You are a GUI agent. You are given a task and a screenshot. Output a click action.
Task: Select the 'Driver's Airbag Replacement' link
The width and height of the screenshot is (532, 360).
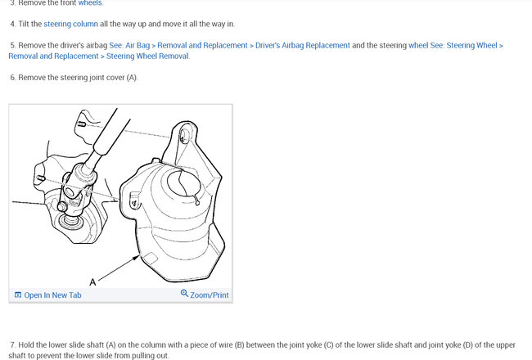[x=302, y=45]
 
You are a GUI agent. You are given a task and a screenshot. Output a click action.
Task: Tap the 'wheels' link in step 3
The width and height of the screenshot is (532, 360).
[x=90, y=3]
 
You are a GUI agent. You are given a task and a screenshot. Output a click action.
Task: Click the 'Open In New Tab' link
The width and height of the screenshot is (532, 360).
[x=52, y=295]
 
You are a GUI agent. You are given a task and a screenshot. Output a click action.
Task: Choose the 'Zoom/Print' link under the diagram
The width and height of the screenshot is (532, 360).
[x=210, y=295]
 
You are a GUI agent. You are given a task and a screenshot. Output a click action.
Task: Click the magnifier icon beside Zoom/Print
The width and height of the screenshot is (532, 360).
[x=184, y=294]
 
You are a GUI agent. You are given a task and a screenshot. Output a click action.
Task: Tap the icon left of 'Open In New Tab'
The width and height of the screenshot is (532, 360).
[x=18, y=295]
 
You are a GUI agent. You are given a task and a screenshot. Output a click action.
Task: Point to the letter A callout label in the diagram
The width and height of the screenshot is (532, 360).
[x=92, y=282]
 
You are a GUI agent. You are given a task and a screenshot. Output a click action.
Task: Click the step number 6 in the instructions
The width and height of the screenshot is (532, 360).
[x=13, y=77]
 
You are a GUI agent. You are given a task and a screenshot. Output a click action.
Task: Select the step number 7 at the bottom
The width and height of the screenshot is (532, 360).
[x=13, y=344]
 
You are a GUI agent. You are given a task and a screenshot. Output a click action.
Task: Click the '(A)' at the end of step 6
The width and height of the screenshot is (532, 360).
[x=132, y=77]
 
